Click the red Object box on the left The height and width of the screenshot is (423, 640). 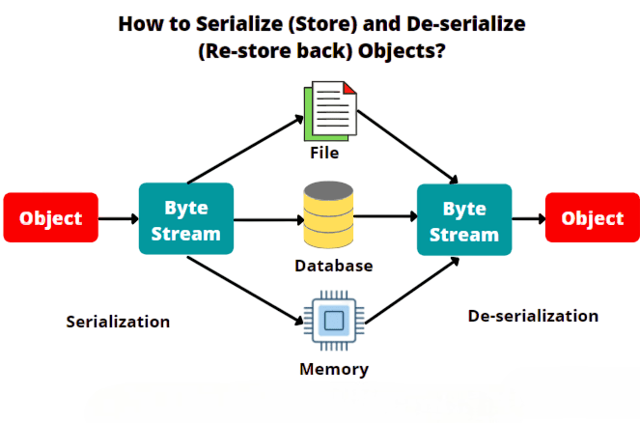pos(50,218)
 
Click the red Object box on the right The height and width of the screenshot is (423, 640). pos(592,218)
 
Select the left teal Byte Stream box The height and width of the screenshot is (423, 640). pos(186,219)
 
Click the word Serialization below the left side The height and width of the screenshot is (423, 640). pos(118,322)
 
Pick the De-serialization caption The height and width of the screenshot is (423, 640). pos(533,316)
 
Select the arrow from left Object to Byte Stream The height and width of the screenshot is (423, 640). pos(118,219)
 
